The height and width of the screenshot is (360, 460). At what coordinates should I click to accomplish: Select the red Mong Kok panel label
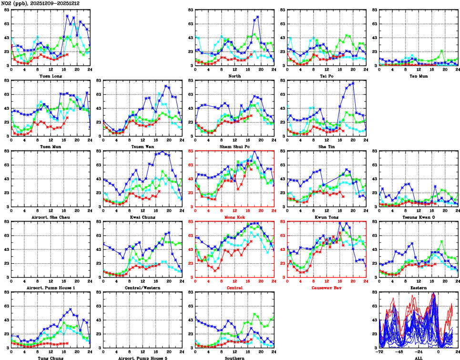234,217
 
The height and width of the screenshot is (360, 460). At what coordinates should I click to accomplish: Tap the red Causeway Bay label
326,288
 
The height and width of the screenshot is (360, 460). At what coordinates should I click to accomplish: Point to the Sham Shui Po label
234,146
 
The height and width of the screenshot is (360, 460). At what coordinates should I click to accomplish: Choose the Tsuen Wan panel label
143,146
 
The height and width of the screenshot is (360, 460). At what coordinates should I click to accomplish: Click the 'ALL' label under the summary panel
418,358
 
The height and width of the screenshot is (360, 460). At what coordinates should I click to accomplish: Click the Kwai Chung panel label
143,217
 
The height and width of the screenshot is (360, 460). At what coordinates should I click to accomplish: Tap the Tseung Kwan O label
418,217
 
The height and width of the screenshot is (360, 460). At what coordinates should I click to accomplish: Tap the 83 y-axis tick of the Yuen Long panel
7,10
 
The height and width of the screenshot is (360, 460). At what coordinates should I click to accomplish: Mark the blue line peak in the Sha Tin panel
353,83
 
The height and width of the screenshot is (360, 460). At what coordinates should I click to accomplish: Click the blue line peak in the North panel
258,17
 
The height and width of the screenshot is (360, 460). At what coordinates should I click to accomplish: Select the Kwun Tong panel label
326,217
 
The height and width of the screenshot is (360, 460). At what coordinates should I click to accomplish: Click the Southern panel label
234,358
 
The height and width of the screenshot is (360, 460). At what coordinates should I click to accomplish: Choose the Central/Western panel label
143,288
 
